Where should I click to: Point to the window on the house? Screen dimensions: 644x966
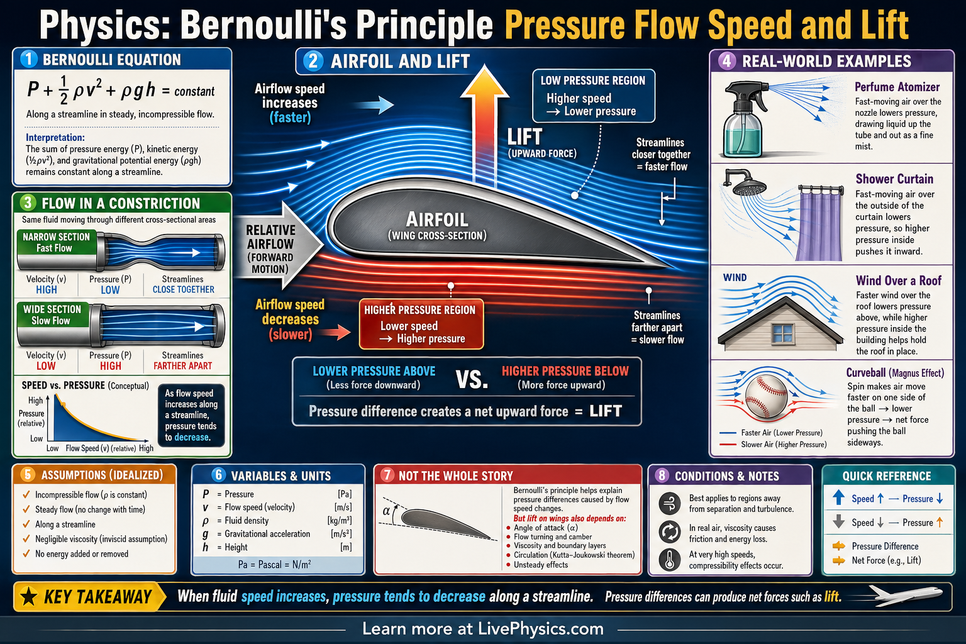coord(783,333)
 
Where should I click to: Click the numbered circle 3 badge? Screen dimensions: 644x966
coord(28,203)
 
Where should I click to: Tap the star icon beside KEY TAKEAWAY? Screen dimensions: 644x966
coord(29,596)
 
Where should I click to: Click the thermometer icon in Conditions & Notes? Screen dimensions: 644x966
coord(670,560)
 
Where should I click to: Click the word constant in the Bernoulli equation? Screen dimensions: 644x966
coord(194,92)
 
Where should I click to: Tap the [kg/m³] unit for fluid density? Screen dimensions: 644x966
coord(340,521)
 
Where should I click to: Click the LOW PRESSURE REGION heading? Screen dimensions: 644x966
coord(593,80)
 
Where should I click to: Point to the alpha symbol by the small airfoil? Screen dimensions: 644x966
coord(386,511)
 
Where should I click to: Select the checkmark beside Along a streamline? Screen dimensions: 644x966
coord(26,525)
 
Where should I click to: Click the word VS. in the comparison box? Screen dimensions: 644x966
coord(472,379)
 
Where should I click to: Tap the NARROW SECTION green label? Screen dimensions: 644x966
coord(56,242)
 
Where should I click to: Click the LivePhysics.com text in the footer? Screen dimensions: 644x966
coord(540,629)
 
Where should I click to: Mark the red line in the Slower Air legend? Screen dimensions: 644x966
coord(728,445)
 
